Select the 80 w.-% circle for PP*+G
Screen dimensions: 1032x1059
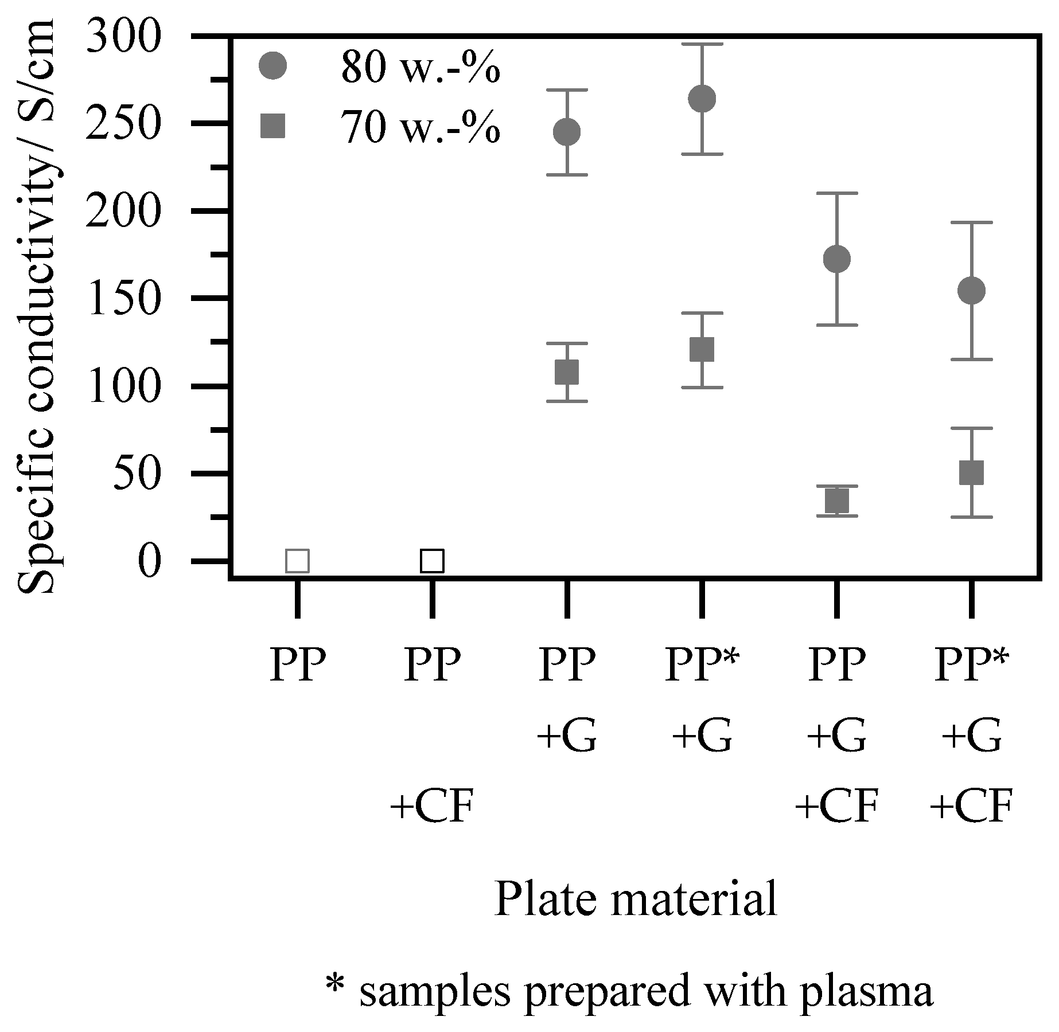point(702,99)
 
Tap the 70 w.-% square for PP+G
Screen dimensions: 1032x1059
point(567,372)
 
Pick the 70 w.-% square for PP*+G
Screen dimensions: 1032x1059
point(702,349)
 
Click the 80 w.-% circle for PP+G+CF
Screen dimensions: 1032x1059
point(836,259)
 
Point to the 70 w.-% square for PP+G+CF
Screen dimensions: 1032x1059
point(836,501)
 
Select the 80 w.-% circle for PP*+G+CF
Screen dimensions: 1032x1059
point(971,291)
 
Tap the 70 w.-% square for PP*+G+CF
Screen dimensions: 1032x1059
point(971,472)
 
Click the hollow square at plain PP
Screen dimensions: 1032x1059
point(297,561)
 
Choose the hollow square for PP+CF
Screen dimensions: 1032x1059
point(432,561)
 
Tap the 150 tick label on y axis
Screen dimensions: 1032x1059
point(121,299)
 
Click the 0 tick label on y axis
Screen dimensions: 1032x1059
point(148,561)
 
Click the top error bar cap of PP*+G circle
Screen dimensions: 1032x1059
point(702,44)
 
